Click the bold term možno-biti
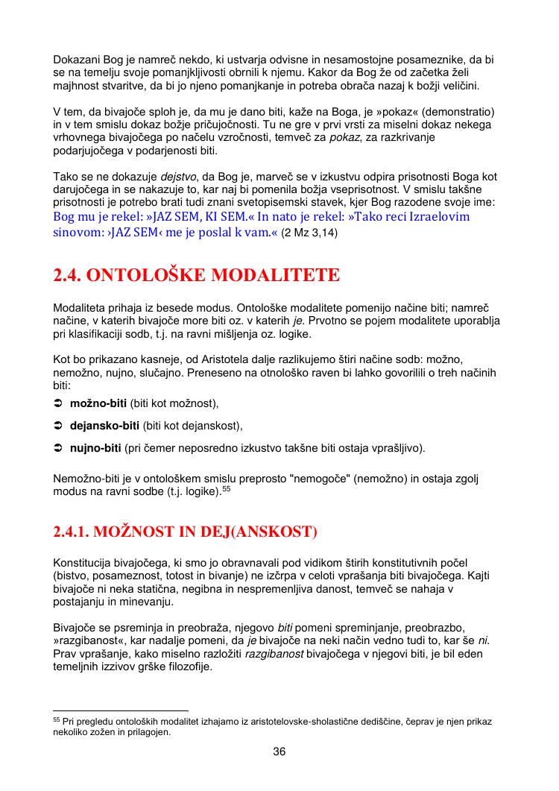[98, 403]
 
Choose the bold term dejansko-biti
[104, 426]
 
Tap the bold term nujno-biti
[95, 449]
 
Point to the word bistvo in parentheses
[72, 577]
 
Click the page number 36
[279, 751]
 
